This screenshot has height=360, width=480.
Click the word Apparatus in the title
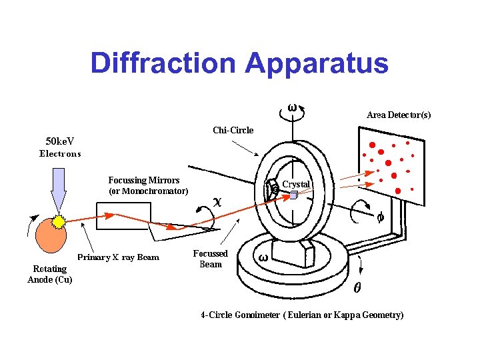click(x=317, y=63)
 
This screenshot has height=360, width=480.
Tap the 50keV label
click(x=59, y=141)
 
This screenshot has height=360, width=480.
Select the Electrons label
click(x=60, y=153)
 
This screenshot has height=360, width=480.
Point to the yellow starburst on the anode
click(x=60, y=221)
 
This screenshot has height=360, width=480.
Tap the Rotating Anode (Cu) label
click(x=50, y=274)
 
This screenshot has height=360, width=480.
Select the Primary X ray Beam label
click(x=119, y=257)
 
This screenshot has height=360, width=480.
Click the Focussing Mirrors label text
click(x=143, y=180)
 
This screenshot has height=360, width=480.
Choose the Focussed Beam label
click(x=211, y=259)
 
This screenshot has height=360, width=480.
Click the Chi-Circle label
click(x=233, y=130)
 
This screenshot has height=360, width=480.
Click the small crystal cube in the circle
click(x=291, y=195)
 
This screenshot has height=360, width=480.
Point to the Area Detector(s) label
click(x=399, y=115)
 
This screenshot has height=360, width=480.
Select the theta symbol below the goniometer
click(x=357, y=289)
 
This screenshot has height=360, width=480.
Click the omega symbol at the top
click(x=292, y=107)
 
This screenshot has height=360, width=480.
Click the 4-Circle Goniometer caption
click(x=302, y=315)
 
